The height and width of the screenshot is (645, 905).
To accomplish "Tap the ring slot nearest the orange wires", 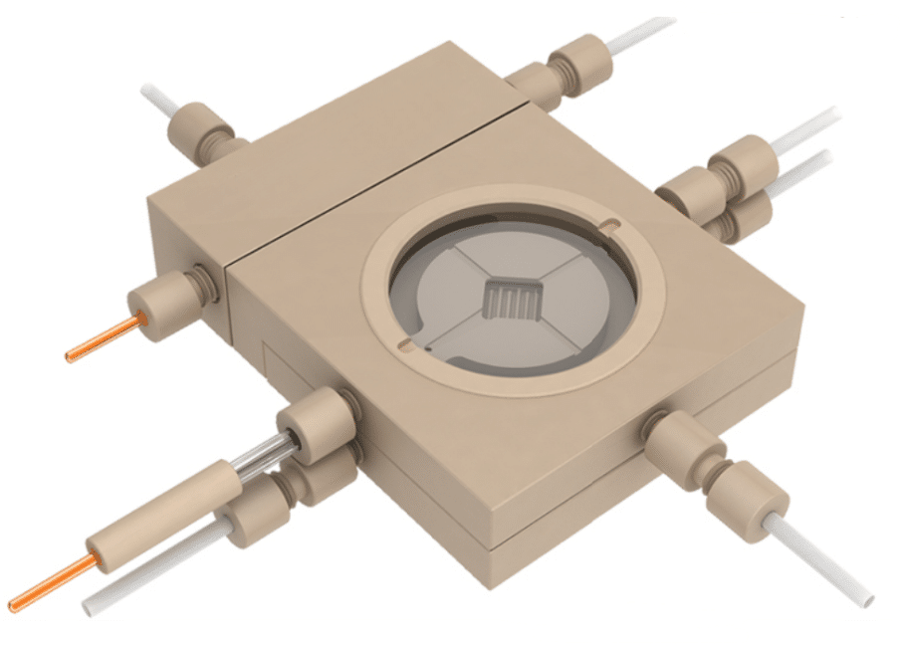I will [x=402, y=343].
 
